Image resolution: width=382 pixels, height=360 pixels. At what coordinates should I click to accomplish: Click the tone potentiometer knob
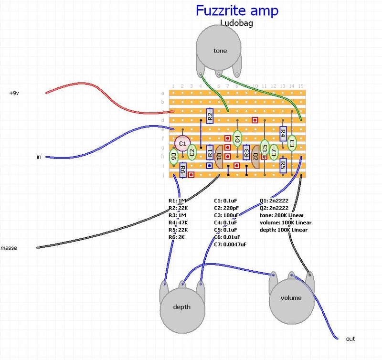[x=220, y=50]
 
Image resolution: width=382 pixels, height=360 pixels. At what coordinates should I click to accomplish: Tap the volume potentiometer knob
[x=291, y=297]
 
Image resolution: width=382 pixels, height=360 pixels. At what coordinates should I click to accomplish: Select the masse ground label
[x=9, y=248]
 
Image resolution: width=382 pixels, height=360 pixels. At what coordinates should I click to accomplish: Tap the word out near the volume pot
[x=350, y=339]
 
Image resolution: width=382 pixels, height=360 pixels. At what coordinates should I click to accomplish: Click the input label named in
[x=39, y=157]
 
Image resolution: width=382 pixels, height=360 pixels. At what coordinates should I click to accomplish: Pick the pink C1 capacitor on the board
[x=182, y=142]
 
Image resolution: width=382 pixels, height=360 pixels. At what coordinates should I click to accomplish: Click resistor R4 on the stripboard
[x=283, y=133]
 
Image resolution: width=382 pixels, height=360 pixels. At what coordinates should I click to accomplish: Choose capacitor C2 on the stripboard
[x=192, y=153]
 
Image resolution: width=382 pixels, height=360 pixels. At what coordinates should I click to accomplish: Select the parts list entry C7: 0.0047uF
[x=230, y=244]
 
